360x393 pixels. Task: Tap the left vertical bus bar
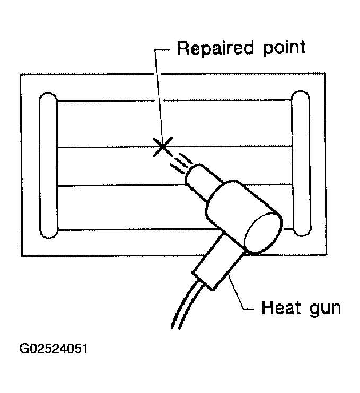click(x=48, y=164)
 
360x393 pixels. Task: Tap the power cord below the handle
click(x=182, y=307)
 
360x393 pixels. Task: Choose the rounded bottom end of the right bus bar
click(x=301, y=229)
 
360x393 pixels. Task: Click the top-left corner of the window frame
click(x=21, y=75)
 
